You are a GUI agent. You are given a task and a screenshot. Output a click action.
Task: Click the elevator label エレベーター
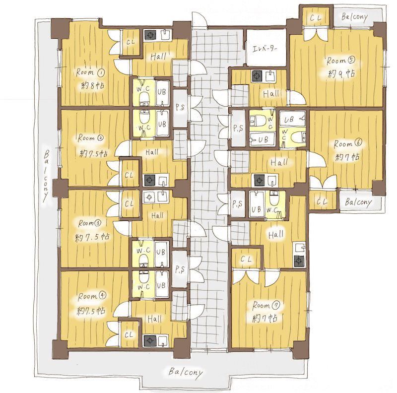coord(265,49)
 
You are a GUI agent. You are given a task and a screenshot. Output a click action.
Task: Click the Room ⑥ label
coord(348,143)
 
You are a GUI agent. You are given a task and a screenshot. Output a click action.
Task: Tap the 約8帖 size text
coord(93,85)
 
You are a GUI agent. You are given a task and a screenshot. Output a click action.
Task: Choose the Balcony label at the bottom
coord(186,372)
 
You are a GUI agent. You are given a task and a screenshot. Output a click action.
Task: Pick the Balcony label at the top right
coord(354,17)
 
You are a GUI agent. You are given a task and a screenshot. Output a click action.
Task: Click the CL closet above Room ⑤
coord(316,18)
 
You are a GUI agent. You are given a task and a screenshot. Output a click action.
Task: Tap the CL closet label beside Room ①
coord(131,42)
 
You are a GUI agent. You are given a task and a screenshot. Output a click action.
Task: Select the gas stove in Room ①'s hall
coord(150,35)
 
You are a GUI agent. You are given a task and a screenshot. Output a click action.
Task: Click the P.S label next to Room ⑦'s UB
coord(237,203)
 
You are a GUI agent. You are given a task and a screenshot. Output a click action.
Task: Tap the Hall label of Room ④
coord(154,319)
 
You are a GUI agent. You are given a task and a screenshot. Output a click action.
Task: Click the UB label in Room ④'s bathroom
coord(161,286)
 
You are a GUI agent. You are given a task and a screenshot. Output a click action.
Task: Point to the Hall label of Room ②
coord(152,152)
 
